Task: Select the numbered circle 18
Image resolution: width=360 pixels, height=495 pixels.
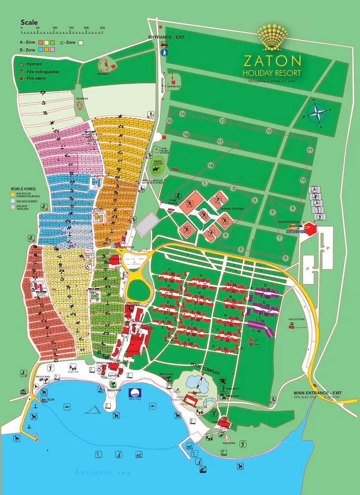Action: pos(211,165)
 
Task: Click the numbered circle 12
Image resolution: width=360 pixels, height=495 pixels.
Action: pos(269,131)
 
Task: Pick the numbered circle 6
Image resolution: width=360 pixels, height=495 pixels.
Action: pos(285,258)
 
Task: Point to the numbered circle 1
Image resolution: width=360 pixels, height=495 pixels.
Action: pos(204,183)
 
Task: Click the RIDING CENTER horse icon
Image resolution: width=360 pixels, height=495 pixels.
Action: pos(157,169)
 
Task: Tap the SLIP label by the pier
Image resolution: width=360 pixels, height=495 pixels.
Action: pos(51,399)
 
